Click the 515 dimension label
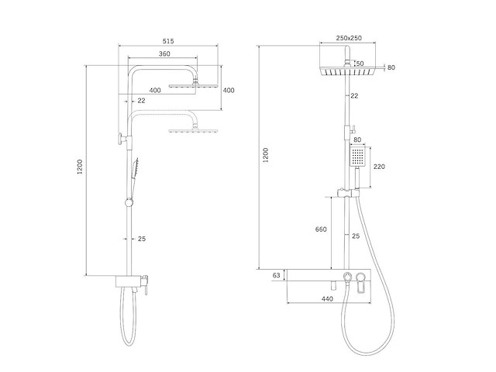[x=168, y=41]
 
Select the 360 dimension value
[x=164, y=53]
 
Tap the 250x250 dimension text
[x=349, y=38]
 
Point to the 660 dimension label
[x=321, y=229]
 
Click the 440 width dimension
[x=327, y=299]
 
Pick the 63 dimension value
[x=277, y=275]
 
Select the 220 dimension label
[x=379, y=167]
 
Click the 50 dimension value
[x=360, y=64]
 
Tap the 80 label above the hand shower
[x=357, y=139]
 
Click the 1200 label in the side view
[x=80, y=167]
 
